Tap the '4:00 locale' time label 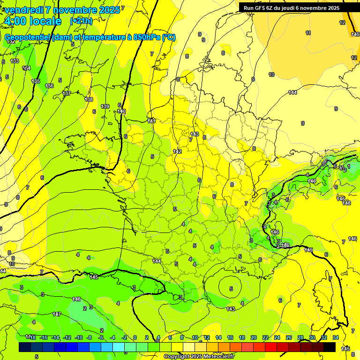[x=32, y=21]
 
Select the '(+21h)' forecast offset [x=81, y=21]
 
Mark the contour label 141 [x=151, y=121]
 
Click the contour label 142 [x=177, y=151]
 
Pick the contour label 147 [x=57, y=314]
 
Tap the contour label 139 [x=105, y=106]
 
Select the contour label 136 [x=49, y=86]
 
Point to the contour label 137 [x=67, y=93]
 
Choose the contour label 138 [x=89, y=99]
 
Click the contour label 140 [x=121, y=111]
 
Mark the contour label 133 [x=15, y=61]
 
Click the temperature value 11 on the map [x=308, y=33]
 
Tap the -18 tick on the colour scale [x=30, y=337]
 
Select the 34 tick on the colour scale [x=336, y=337]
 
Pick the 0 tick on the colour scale [x=135, y=337]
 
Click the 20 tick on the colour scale [x=254, y=337]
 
